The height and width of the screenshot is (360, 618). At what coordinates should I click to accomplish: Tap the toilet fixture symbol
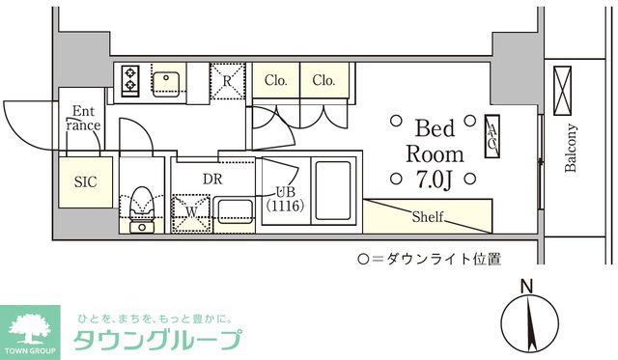point(142,204)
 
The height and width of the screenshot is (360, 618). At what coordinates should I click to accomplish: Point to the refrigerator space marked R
point(227,82)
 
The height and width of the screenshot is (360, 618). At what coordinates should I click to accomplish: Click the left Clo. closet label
point(275,81)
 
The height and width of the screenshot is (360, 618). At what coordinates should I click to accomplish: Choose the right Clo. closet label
point(324,81)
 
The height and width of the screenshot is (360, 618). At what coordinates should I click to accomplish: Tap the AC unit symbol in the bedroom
point(491,135)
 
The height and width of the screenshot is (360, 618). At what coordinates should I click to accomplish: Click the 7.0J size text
point(435,179)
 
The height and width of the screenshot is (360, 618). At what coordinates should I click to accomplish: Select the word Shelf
point(428,216)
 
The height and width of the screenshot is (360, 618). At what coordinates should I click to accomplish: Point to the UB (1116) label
point(284,198)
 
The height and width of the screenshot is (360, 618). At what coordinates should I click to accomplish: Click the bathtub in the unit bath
point(334,191)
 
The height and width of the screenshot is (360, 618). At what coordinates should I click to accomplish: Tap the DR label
point(213,178)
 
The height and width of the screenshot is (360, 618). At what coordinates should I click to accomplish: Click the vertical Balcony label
point(571,149)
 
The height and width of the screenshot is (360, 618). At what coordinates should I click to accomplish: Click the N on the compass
point(526,286)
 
